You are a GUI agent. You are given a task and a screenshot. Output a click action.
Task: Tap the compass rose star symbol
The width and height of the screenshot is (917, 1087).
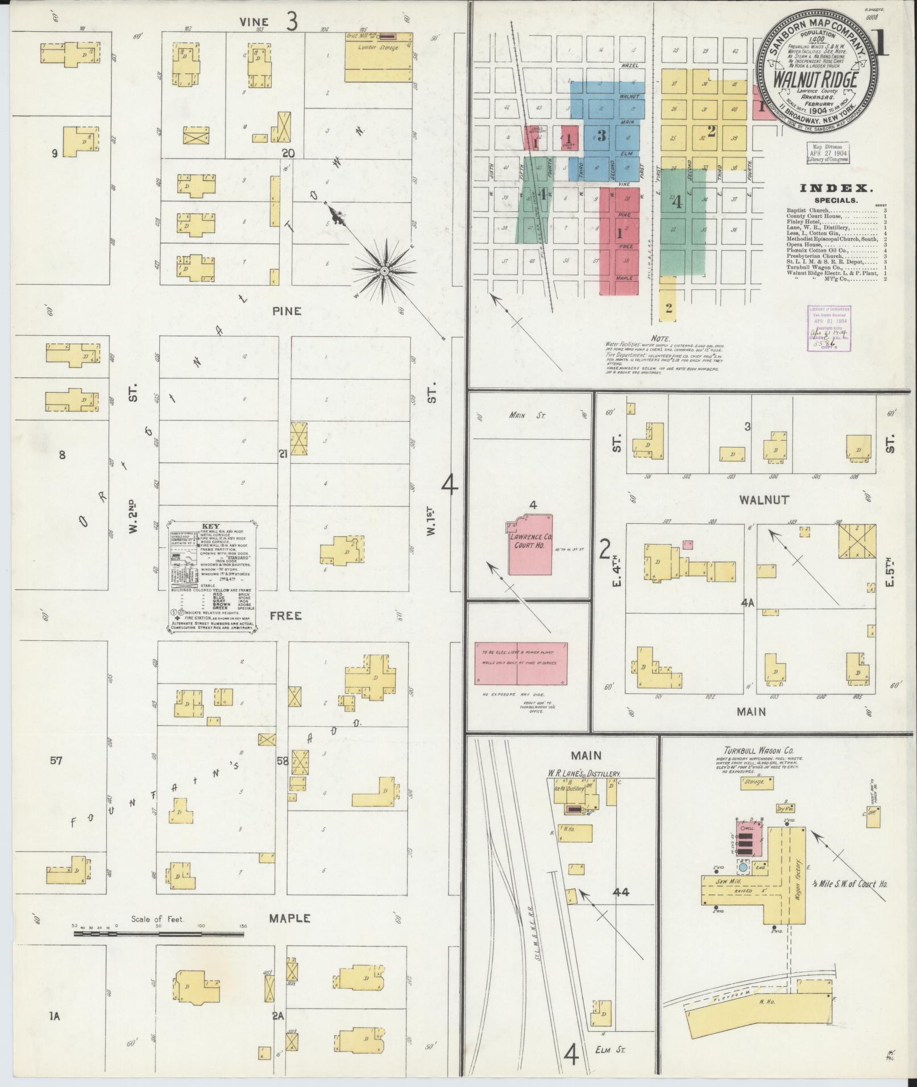pyautogui.click(x=384, y=271)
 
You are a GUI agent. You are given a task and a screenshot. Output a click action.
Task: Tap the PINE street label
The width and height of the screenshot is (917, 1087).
pyautogui.click(x=286, y=311)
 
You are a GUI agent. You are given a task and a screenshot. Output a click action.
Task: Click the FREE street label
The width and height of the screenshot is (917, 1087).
pyautogui.click(x=285, y=616)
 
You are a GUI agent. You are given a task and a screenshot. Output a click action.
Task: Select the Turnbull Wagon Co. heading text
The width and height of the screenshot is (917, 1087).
pyautogui.click(x=754, y=750)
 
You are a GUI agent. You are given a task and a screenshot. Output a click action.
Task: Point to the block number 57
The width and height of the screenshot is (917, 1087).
pyautogui.click(x=55, y=760)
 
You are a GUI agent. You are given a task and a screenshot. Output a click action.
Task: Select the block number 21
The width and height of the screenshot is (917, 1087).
pyautogui.click(x=284, y=453)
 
